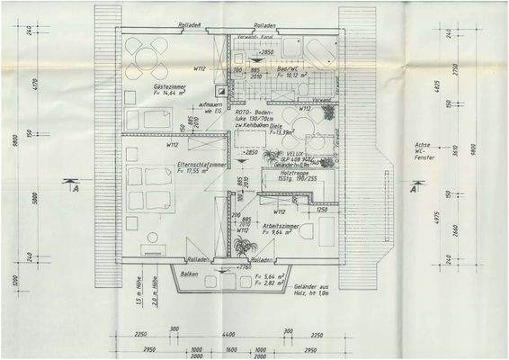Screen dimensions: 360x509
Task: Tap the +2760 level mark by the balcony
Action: [x=243, y=267]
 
